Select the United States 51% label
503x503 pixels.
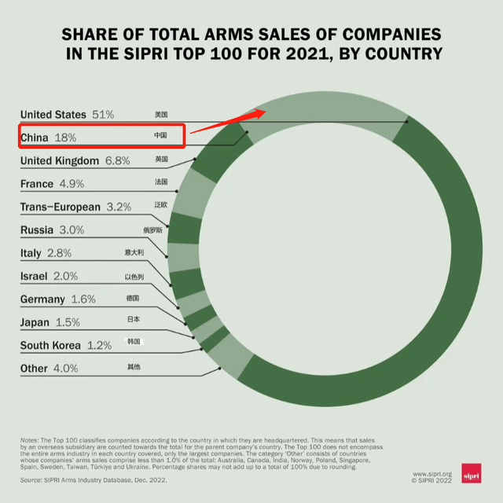pos(68,115)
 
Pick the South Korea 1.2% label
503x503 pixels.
pos(66,345)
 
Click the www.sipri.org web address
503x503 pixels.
pos(432,474)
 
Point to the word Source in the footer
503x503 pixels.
pos(31,479)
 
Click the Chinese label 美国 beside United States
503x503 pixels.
pos(161,115)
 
